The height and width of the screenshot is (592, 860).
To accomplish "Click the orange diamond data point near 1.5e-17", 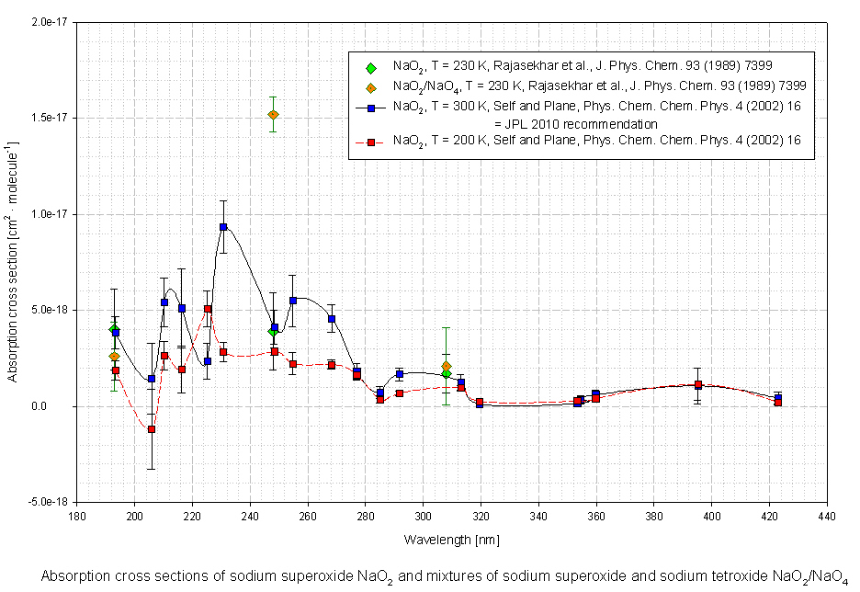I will [x=273, y=114].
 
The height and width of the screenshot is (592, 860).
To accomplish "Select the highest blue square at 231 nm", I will [x=223, y=227].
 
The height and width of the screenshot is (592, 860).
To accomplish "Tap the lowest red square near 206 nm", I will [x=152, y=429].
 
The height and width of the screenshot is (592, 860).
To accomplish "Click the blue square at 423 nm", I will [x=778, y=397].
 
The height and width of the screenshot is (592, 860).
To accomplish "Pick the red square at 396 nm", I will [x=699, y=385].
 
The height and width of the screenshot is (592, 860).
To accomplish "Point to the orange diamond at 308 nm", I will [x=446, y=366].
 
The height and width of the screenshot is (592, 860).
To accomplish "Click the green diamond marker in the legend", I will [x=370, y=67].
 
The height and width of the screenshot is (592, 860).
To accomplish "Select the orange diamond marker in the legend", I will [x=370, y=86].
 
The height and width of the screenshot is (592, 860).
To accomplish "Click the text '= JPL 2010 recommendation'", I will [x=575, y=124].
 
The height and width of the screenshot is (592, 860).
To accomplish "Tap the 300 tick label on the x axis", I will [x=423, y=517].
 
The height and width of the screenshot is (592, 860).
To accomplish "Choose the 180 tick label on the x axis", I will [x=76, y=517].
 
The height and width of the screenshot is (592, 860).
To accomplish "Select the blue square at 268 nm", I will [x=332, y=319].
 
